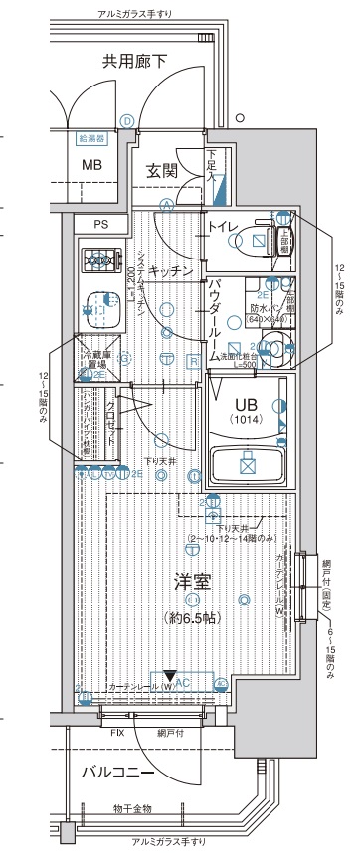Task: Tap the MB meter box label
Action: point(91,164)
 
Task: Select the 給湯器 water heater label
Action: point(91,138)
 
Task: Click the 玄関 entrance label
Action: point(162,170)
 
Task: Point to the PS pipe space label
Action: point(100,225)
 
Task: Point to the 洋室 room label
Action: point(191,580)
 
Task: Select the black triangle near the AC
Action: point(170,676)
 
